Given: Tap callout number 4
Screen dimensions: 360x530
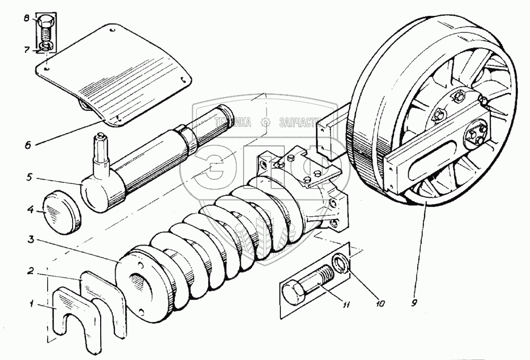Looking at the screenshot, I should [31, 210].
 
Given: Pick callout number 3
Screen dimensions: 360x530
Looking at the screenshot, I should [32, 240].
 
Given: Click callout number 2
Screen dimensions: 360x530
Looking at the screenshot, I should [32, 271].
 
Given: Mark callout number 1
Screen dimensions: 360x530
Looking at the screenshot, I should [32, 304].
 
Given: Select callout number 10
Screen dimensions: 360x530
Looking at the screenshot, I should [380, 304].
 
